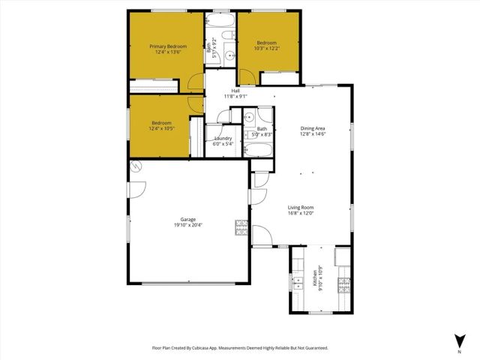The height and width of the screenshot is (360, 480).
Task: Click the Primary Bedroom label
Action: (166, 46)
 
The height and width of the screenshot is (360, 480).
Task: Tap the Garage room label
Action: (187, 219)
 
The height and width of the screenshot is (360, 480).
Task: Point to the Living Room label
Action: (301, 207)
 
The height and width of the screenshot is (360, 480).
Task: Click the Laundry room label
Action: (223, 138)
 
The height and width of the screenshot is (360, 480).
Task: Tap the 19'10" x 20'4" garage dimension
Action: (187, 225)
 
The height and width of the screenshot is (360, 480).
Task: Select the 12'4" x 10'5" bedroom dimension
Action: (161, 128)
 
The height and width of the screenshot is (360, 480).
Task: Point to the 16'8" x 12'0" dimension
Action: (301, 213)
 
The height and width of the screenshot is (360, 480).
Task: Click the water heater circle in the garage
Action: (136, 166)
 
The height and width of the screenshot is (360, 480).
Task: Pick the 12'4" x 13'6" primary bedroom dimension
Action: (166, 52)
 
